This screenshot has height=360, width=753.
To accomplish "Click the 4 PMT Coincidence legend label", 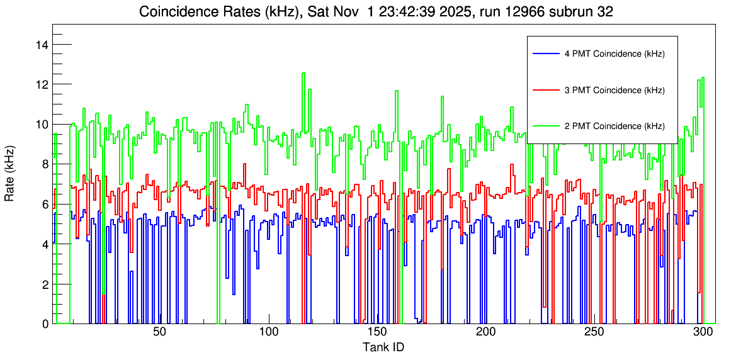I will coord(614,54).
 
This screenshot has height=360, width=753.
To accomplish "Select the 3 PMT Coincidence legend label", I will coord(614,90).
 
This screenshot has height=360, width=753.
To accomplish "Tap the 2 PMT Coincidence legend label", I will coord(614,126).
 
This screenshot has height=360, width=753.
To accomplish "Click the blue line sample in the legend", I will coord(545,54).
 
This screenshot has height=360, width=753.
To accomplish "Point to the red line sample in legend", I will coord(545,90).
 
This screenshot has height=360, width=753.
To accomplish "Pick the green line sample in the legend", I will coord(545,126).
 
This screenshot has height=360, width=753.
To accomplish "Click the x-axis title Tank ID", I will coord(383,347).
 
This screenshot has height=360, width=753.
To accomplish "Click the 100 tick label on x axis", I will coord(268,332).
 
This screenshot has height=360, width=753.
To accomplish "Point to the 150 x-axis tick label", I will coord(377,332).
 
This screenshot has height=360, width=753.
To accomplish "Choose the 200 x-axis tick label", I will coord(485,332).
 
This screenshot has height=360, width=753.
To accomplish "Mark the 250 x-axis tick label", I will coord(594,332).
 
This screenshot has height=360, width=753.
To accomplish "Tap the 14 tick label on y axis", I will coord(43,44).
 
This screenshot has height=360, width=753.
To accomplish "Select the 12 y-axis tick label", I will coord(43,84).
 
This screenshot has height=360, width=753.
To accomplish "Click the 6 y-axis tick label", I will coord(45,204).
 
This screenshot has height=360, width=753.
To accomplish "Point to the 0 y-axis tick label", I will coord(45,323).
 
